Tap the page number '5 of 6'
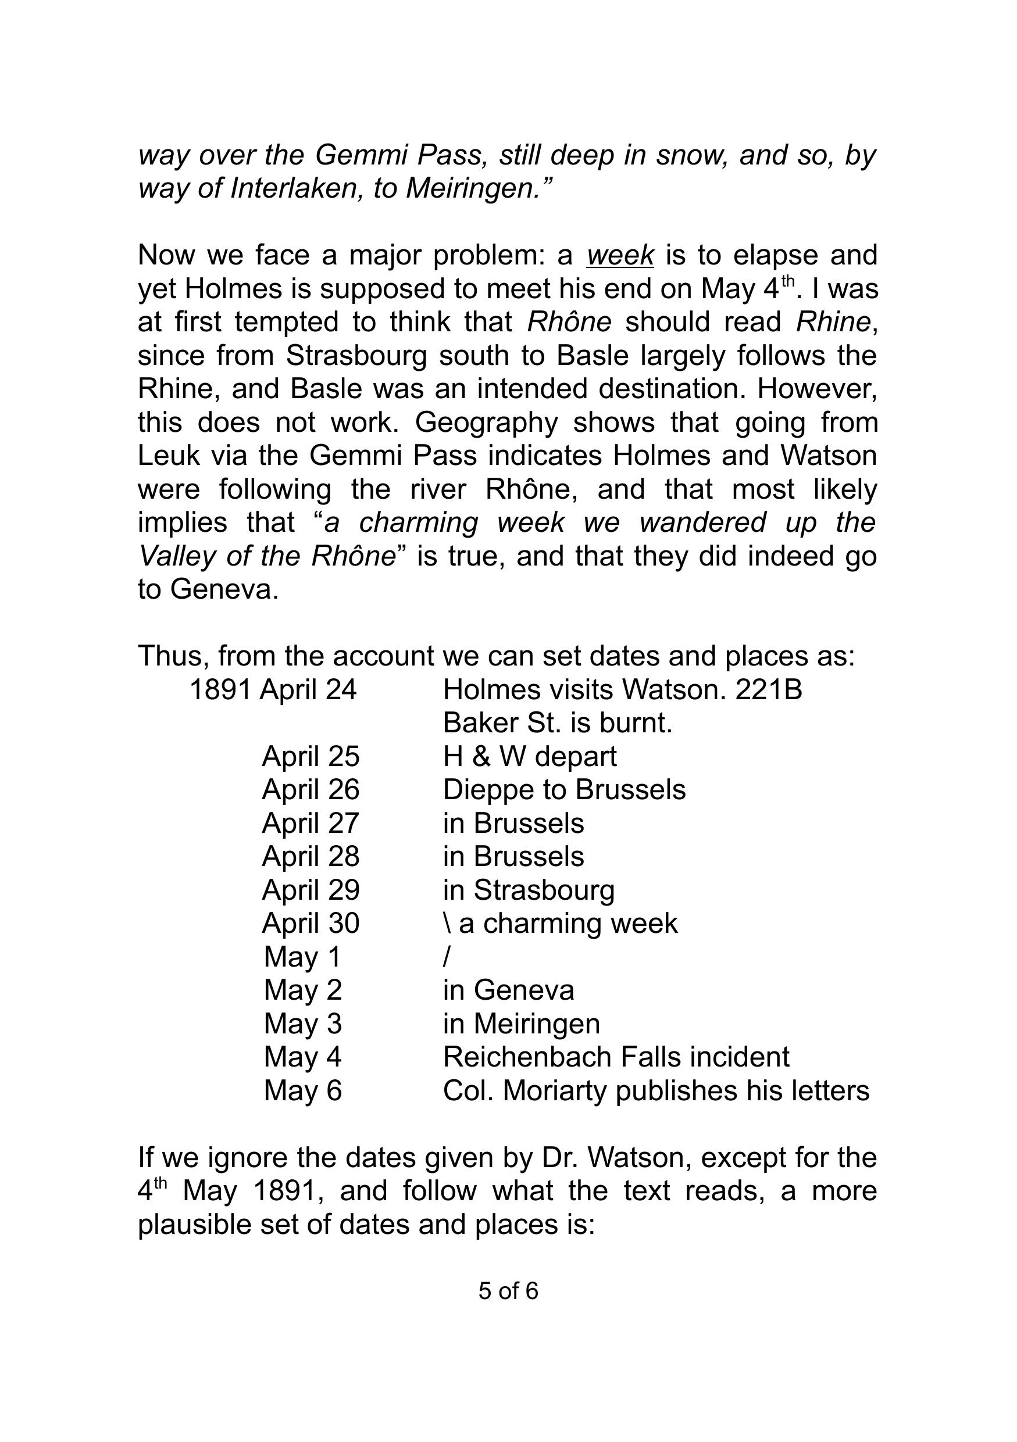(x=508, y=1291)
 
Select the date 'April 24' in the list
(x=308, y=689)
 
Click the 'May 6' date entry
(x=303, y=1090)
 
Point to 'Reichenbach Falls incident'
(x=616, y=1057)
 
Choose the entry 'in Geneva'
(x=508, y=990)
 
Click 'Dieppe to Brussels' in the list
(x=564, y=789)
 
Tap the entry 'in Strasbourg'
(x=529, y=890)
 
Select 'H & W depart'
(x=530, y=756)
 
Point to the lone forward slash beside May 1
(x=447, y=957)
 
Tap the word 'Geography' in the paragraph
(x=486, y=423)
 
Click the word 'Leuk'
(x=169, y=456)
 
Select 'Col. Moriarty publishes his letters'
(x=656, y=1090)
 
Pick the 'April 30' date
(x=311, y=923)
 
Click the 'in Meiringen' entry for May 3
(x=522, y=1024)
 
